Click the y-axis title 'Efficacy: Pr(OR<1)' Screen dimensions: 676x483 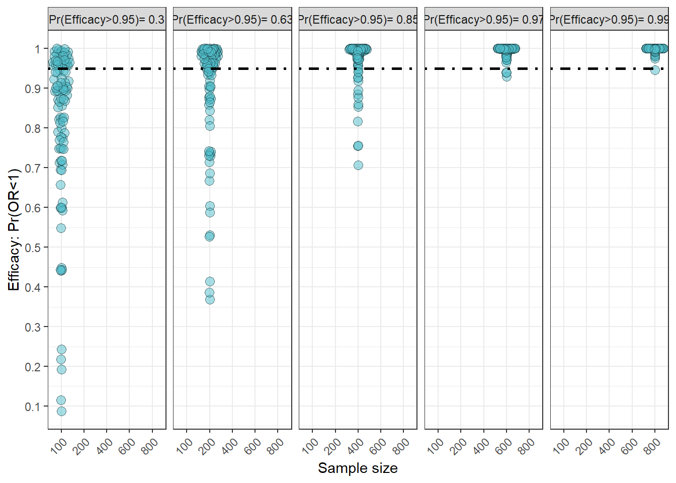click(14, 229)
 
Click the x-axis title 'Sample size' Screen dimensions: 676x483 click(358, 468)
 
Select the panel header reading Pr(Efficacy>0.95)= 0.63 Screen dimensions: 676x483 click(232, 20)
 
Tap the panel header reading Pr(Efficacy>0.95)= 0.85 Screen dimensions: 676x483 click(358, 20)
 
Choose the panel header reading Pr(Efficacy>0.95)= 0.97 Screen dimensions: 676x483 click(483, 20)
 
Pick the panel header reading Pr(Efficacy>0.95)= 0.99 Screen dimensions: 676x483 click(609, 20)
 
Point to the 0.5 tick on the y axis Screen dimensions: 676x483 click(33, 247)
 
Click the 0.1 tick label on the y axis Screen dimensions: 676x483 click(33, 407)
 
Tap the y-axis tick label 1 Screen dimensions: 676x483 click(37, 49)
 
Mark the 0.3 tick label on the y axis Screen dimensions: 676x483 click(33, 327)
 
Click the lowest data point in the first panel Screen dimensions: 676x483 click(61, 411)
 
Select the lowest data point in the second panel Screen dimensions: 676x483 click(210, 300)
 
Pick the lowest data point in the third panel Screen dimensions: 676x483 click(358, 165)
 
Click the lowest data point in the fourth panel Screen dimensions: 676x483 click(506, 76)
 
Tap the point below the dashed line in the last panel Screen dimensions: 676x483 click(655, 70)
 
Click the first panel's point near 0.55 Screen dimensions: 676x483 click(61, 228)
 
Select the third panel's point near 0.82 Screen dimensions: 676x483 click(358, 122)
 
